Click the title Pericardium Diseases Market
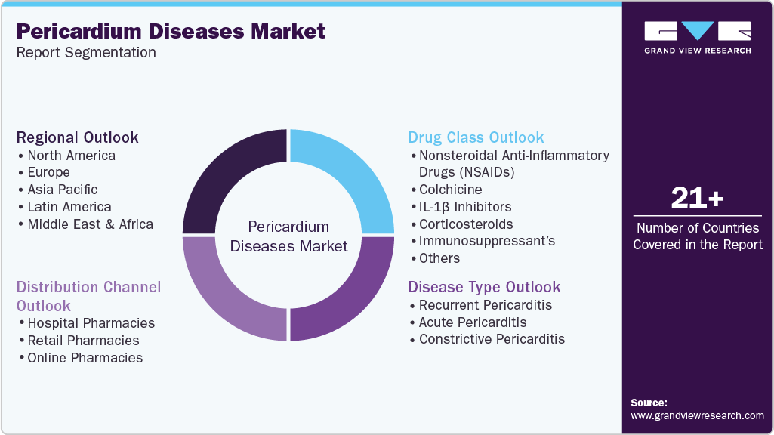coord(171,31)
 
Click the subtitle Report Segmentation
coord(86,52)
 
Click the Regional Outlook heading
coord(78,137)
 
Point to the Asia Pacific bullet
coord(62,190)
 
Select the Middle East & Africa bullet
coord(90,224)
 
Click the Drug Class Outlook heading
coord(476,137)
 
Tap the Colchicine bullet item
coord(450,190)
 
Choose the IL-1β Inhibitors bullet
coord(465,207)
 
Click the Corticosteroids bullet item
coord(466,224)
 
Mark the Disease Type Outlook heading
coord(484,287)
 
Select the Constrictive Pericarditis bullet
coord(492,339)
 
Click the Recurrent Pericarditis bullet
coord(486,305)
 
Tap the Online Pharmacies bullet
coord(85,358)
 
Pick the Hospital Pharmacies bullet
coord(91,323)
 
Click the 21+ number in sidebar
coord(697,199)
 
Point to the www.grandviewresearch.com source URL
coord(697,415)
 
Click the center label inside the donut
coord(288,236)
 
